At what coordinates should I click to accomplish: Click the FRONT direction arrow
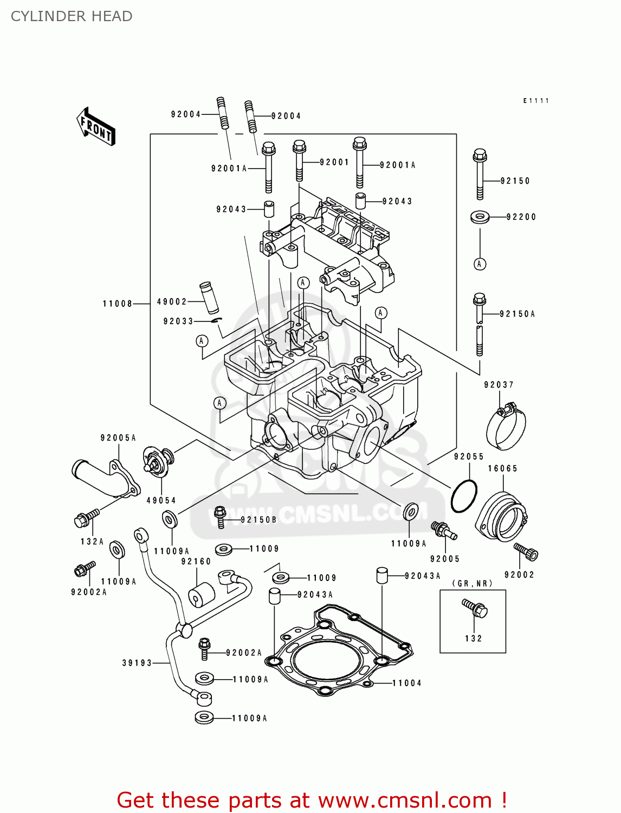pos(96,127)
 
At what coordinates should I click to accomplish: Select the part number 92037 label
pos(499,385)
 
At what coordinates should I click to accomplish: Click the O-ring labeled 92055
pos(464,495)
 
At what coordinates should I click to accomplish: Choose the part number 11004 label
pos(406,683)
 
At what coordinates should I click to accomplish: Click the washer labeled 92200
pos(480,217)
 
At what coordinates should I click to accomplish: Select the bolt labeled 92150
pos(479,173)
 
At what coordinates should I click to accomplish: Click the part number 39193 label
pos(137,663)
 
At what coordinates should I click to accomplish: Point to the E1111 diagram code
pos(536,101)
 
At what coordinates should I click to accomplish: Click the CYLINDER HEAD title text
pos(72,16)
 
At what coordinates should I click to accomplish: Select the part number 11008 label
pos(118,304)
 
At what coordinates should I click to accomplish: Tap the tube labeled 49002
pos(209,296)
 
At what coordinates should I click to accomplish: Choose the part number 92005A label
pos(118,438)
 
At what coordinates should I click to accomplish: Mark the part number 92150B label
pos(258,520)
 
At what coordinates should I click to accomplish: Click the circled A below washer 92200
pos(480,264)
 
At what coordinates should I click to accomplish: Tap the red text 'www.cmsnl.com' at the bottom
pos(404,801)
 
